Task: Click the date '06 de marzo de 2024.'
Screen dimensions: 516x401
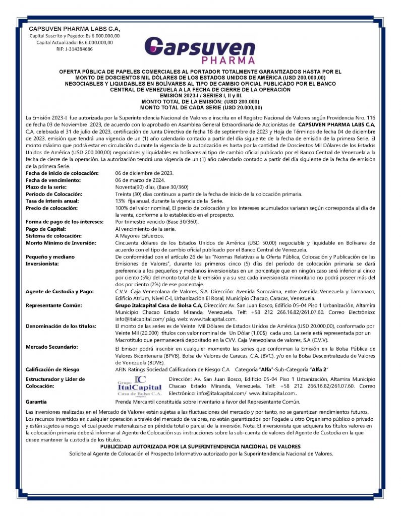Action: (x=140, y=179)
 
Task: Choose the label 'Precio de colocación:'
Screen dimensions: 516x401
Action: (x=50, y=208)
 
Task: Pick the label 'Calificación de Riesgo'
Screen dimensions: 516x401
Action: (x=52, y=369)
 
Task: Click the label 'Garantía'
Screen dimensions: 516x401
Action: (x=36, y=402)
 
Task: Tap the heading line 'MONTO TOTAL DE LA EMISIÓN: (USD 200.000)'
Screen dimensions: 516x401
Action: (x=201, y=102)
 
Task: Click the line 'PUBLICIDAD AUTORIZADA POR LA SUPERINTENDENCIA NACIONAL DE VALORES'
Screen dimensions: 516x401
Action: (x=201, y=446)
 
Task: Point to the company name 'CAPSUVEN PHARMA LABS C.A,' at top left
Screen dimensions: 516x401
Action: (x=74, y=29)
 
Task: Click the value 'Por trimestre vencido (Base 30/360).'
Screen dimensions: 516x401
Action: (x=157, y=221)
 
